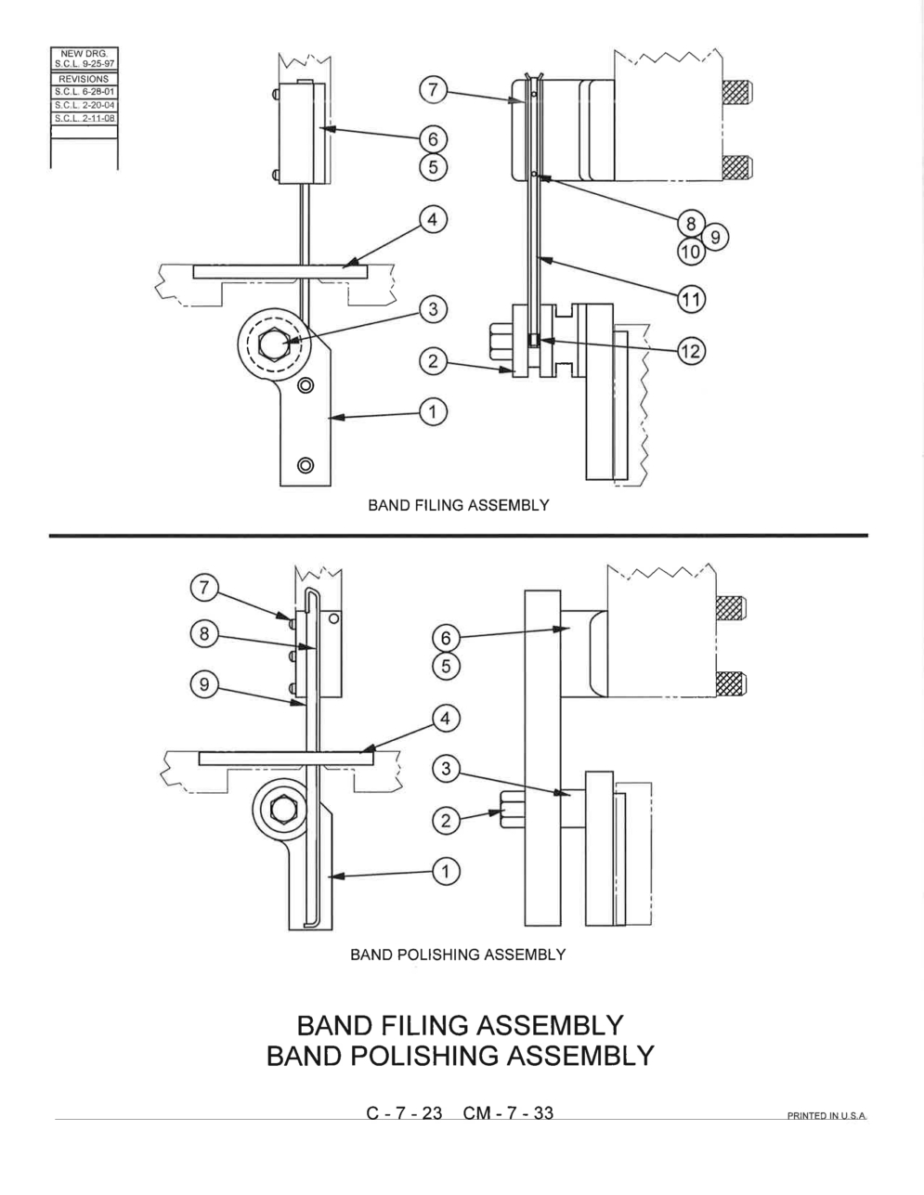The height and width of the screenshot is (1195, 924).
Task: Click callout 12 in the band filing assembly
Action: pyautogui.click(x=691, y=351)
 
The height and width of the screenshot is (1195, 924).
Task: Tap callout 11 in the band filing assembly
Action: pyautogui.click(x=691, y=300)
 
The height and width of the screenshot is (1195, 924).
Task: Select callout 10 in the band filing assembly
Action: pyautogui.click(x=691, y=252)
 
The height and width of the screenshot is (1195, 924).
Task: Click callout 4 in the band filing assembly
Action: pyautogui.click(x=434, y=219)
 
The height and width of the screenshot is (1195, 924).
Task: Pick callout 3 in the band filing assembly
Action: pyautogui.click(x=434, y=309)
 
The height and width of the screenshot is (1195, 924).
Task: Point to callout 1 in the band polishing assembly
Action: pyautogui.click(x=446, y=872)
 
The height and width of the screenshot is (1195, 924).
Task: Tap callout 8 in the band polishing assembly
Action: pyautogui.click(x=204, y=633)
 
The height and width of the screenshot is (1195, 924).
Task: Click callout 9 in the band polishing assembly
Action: pyautogui.click(x=204, y=684)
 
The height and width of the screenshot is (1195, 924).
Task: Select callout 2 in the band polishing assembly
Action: pyautogui.click(x=446, y=821)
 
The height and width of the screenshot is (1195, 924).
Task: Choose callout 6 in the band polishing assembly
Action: pyautogui.click(x=446, y=638)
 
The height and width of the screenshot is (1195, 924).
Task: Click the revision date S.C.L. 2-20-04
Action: pyautogui.click(x=85, y=105)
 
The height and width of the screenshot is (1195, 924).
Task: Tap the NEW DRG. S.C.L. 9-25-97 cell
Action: pyautogui.click(x=85, y=58)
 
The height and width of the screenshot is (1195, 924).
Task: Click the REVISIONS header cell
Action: pyautogui.click(x=85, y=79)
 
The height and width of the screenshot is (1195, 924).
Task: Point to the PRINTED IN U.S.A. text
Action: pyautogui.click(x=826, y=1116)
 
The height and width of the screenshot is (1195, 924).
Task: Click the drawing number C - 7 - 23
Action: pyautogui.click(x=404, y=1113)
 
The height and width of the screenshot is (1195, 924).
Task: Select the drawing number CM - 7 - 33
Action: pyautogui.click(x=508, y=1113)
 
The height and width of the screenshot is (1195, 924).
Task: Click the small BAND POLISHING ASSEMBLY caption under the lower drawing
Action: pyautogui.click(x=458, y=955)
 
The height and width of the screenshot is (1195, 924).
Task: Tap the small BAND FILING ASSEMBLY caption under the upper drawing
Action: pyautogui.click(x=458, y=505)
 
